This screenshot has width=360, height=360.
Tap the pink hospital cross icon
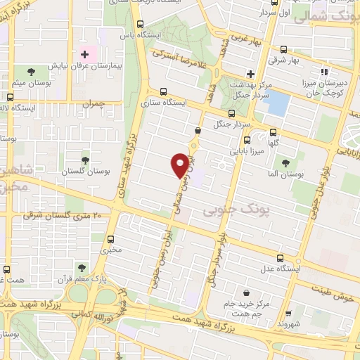coord(85,54)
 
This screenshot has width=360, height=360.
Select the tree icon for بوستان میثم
coord(30,71)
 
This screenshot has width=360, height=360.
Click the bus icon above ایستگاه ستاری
coord(164,91)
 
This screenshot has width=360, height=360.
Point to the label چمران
coord(92,103)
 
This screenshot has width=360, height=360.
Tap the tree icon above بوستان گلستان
coord(85,161)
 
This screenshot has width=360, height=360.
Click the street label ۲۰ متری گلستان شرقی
coord(67,214)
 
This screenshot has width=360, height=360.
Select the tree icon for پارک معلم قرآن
coord(82,268)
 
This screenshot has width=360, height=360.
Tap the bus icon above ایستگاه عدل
coord(280,258)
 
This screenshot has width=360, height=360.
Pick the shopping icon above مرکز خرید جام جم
coord(245,293)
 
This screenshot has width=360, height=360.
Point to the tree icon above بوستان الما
coord(285,163)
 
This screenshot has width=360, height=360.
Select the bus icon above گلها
coord(273,131)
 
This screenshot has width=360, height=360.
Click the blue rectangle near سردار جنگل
coord(278,103)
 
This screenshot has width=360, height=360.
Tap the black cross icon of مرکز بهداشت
coord(250,74)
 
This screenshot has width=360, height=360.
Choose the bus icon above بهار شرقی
coord(283,49)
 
